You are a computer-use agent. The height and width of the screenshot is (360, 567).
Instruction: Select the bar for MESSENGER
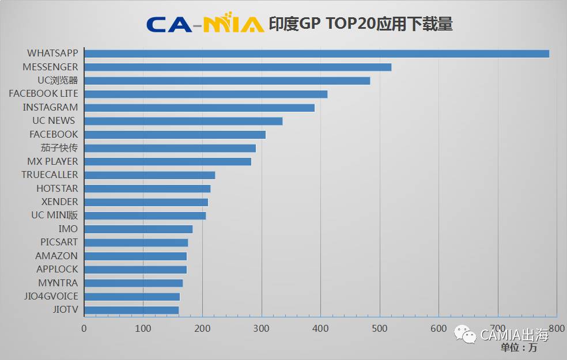238,67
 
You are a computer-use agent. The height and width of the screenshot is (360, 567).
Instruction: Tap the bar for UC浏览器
227,81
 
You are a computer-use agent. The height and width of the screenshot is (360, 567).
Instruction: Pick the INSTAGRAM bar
199,108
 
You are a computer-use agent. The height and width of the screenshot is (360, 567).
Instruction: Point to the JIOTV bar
131,310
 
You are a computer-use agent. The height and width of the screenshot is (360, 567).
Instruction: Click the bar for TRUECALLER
149,175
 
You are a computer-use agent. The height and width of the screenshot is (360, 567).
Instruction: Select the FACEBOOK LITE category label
43,93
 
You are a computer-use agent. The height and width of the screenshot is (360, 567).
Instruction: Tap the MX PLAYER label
52,161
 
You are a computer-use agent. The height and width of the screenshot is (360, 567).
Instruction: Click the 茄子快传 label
59,148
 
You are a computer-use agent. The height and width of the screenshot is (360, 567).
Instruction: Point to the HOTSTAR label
57,188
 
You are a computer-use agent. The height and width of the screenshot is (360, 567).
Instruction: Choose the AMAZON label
56,256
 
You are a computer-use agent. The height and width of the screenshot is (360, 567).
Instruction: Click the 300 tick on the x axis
262,328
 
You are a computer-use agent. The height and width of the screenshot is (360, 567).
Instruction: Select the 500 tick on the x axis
380,328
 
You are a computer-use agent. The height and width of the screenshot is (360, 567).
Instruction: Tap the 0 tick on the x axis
84,328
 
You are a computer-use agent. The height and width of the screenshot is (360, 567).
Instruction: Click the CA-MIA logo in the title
205,23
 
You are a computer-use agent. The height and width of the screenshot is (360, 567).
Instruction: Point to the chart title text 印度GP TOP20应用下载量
361,24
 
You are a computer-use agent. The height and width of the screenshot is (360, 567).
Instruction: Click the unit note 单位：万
519,347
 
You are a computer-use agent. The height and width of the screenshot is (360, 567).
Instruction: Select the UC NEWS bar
183,121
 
